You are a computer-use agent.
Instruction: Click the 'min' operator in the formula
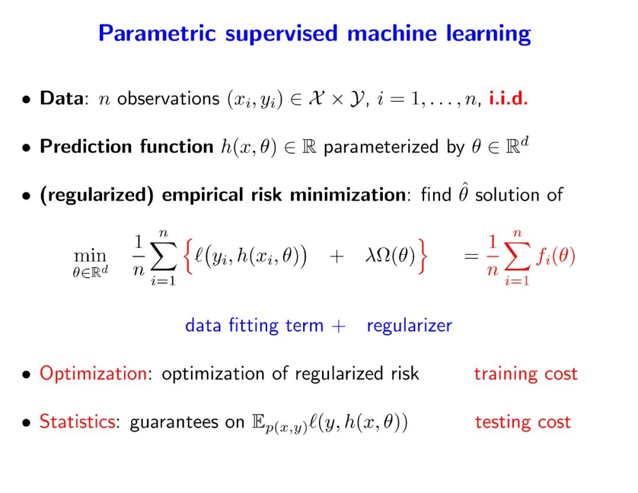[90, 255]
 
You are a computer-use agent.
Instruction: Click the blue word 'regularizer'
[409, 325]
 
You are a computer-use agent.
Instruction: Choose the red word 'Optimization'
[93, 374]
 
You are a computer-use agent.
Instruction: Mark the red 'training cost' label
[525, 374]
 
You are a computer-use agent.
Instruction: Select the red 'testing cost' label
[522, 421]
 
